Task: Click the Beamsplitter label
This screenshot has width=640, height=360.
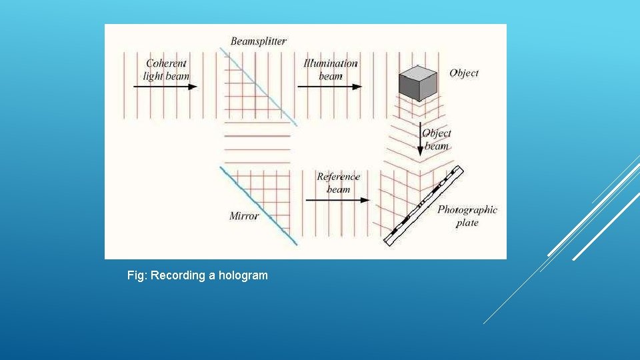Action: pyautogui.click(x=259, y=41)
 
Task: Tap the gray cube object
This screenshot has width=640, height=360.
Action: pyautogui.click(x=417, y=83)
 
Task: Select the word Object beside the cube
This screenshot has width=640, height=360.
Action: pyautogui.click(x=464, y=73)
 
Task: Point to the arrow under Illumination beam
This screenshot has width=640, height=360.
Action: pyautogui.click(x=329, y=87)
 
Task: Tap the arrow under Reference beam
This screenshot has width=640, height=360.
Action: pyautogui.click(x=337, y=199)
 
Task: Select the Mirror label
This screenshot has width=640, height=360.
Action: pyautogui.click(x=244, y=216)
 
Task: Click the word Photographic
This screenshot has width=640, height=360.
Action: pyautogui.click(x=467, y=210)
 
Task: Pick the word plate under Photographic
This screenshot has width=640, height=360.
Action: pyautogui.click(x=467, y=223)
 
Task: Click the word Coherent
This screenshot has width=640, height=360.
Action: pyautogui.click(x=166, y=63)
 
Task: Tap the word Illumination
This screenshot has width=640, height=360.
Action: pyautogui.click(x=331, y=63)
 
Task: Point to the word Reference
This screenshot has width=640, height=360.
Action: pyautogui.click(x=338, y=177)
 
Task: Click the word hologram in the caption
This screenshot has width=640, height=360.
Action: pyautogui.click(x=241, y=275)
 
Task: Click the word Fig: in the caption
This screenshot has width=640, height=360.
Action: pyautogui.click(x=137, y=275)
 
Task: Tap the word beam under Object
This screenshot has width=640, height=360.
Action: pyautogui.click(x=437, y=147)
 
